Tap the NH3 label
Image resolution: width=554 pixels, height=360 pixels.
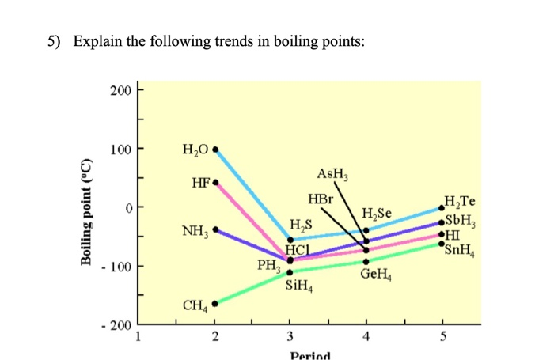click(x=195, y=232)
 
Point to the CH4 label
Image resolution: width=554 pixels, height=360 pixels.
click(x=195, y=304)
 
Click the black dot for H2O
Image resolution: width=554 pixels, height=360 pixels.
click(x=215, y=149)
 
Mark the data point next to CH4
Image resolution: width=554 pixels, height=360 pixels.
click(x=214, y=303)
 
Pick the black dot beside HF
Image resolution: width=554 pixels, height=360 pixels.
click(x=215, y=183)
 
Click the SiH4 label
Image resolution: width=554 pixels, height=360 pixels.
click(x=299, y=286)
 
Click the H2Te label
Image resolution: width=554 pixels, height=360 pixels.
click(x=461, y=202)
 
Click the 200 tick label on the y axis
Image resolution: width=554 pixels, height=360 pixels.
click(x=121, y=90)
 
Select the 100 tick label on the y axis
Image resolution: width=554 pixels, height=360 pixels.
click(x=121, y=149)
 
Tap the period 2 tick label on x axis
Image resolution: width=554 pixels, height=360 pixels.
click(x=214, y=335)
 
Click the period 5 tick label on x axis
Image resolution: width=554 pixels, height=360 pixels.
click(x=442, y=335)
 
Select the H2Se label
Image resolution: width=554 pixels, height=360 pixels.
click(x=377, y=213)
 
